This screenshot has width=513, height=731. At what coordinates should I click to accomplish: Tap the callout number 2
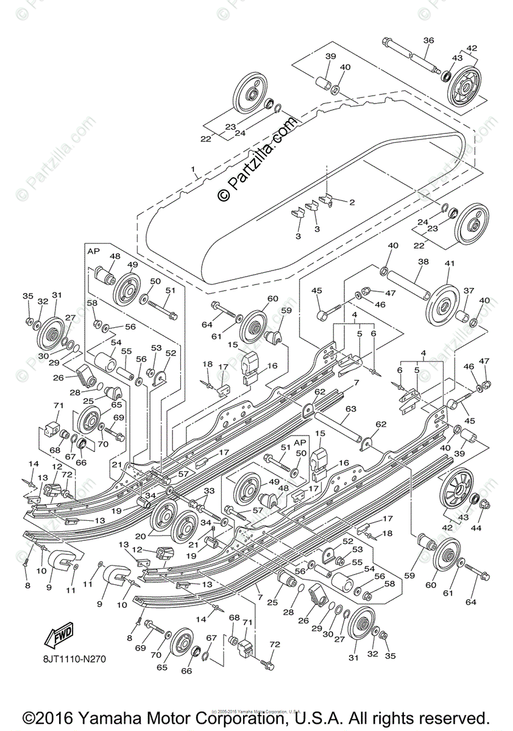[x=351, y=201]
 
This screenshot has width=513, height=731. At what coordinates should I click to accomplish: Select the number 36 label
[x=428, y=40]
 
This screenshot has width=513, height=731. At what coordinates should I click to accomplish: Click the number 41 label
[x=450, y=263]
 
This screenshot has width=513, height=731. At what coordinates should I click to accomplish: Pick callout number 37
[x=469, y=291]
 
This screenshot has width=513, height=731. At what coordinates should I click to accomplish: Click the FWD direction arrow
[x=56, y=636]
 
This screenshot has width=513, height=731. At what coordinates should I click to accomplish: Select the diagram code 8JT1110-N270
[x=78, y=658]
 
